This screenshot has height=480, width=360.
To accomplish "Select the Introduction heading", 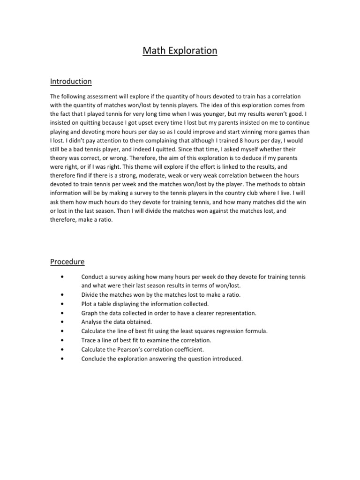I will (x=71, y=82).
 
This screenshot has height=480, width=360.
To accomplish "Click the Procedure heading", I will (x=67, y=261).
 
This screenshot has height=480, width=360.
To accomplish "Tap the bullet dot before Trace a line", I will (x=62, y=340).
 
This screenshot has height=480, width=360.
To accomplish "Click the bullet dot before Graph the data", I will (x=62, y=313).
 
